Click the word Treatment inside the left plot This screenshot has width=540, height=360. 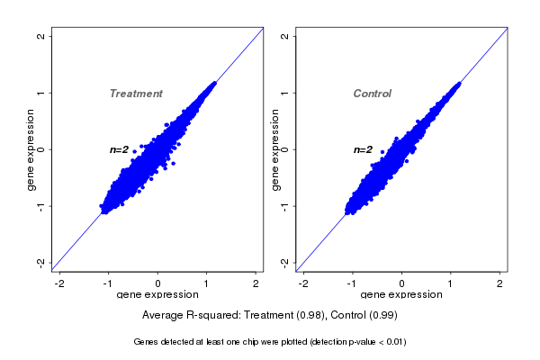[x=136, y=94]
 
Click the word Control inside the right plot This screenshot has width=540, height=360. [x=372, y=94]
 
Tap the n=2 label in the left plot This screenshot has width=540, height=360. [x=120, y=149]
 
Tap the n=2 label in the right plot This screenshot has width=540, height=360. [x=363, y=149]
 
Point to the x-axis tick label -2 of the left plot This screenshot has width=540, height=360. [x=60, y=283]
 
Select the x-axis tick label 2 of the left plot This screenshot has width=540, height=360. [x=256, y=283]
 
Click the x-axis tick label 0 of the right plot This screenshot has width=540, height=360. [x=402, y=283]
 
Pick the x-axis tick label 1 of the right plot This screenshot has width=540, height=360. [x=451, y=283]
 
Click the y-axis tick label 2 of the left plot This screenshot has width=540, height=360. [x=41, y=37]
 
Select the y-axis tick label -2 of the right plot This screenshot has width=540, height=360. [x=285, y=262]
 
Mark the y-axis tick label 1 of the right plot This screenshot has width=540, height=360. [x=285, y=93]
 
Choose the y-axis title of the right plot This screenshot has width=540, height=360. [x=274, y=149]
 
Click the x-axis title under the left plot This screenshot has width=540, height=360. [x=157, y=295]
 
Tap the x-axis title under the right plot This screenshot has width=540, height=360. [x=400, y=295]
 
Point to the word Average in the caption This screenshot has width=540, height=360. [x=163, y=316]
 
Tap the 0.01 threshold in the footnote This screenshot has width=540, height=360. [x=393, y=342]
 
